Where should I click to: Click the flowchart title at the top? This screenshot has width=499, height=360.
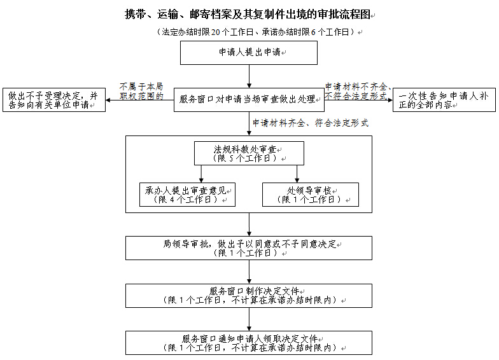click(248, 14)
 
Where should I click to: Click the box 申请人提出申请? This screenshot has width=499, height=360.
click(248, 53)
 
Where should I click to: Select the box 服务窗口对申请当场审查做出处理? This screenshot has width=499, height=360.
click(249, 99)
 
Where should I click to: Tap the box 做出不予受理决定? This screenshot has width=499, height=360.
click(54, 100)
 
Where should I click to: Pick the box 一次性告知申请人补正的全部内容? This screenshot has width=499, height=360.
click(443, 100)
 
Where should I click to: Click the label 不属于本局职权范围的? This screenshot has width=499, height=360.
click(141, 90)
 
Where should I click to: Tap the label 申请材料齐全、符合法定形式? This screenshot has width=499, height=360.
click(310, 123)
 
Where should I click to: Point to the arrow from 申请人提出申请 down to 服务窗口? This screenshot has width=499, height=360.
click(249, 76)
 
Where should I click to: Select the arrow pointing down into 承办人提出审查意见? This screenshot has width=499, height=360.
click(201, 174)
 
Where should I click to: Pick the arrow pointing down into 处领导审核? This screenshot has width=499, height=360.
click(297, 174)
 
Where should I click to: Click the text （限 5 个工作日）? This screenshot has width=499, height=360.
click(249, 158)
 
